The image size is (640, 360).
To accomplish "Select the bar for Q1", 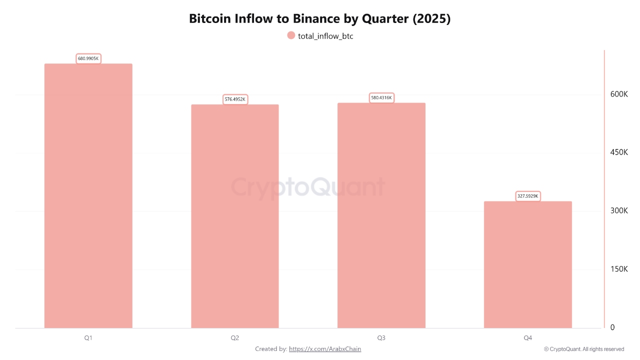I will (88, 195).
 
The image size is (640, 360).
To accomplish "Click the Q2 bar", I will (234, 216).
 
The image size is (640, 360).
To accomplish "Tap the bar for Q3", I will (381, 215).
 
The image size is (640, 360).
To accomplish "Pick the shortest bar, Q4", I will (527, 264).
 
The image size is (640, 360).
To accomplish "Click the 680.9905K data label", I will (88, 58).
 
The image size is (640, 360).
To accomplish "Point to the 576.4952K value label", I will (235, 99).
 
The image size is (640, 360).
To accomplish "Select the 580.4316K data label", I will (381, 98).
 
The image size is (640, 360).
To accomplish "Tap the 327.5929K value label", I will (528, 196).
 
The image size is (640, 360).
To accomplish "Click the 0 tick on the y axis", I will (612, 327).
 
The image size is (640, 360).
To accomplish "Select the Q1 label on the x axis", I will (88, 338).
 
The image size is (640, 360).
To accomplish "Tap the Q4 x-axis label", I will (527, 338).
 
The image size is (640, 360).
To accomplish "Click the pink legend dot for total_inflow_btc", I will (291, 35).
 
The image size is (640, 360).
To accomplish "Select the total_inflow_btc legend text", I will (325, 36).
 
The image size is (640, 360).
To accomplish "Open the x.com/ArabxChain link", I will (325, 349).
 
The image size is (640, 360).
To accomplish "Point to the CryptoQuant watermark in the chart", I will (307, 187).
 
